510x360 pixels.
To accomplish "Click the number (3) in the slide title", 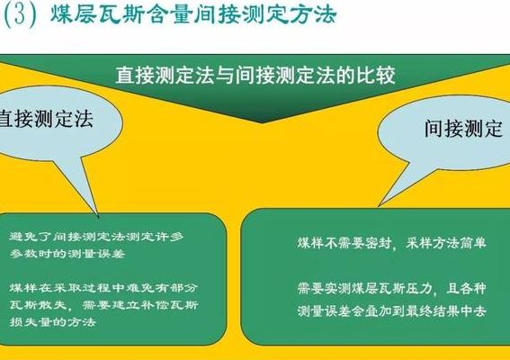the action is [x=20, y=14].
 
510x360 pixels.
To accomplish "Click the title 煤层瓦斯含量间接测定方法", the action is [x=193, y=14].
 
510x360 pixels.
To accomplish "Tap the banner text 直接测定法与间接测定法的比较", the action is [x=255, y=76].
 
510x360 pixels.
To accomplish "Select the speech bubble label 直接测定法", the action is [x=46, y=118].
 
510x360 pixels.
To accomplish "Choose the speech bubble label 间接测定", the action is [x=464, y=128].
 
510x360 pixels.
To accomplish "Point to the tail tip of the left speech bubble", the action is [x=99, y=217].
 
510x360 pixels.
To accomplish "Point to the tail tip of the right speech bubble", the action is [x=379, y=206].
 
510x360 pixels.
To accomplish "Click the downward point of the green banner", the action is [x=262, y=123].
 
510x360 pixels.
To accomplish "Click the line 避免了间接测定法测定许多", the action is [x=96, y=237].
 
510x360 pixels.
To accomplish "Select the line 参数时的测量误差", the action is [x=67, y=254].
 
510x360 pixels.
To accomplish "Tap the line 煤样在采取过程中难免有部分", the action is [x=103, y=288].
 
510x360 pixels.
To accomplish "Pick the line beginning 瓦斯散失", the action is [x=103, y=305].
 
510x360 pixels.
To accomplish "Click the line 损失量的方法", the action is [x=53, y=322].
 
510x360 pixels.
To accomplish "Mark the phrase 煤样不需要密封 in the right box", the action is [x=344, y=243].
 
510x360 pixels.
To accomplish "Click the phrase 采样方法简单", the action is [x=445, y=243].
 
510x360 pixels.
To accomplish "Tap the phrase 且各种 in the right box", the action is [x=466, y=288].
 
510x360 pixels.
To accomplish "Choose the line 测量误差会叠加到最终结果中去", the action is [x=391, y=311].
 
